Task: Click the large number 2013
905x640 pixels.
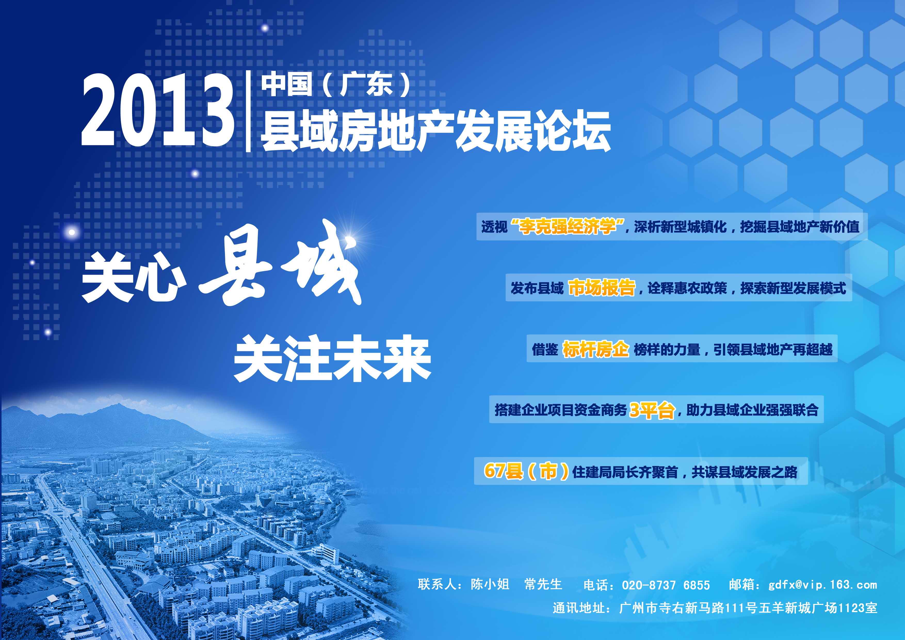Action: click(x=158, y=111)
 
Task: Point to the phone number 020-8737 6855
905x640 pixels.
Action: click(x=666, y=585)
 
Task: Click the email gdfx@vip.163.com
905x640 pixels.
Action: click(x=823, y=585)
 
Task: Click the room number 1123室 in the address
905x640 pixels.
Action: click(x=857, y=608)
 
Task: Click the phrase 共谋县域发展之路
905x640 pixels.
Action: click(x=745, y=472)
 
